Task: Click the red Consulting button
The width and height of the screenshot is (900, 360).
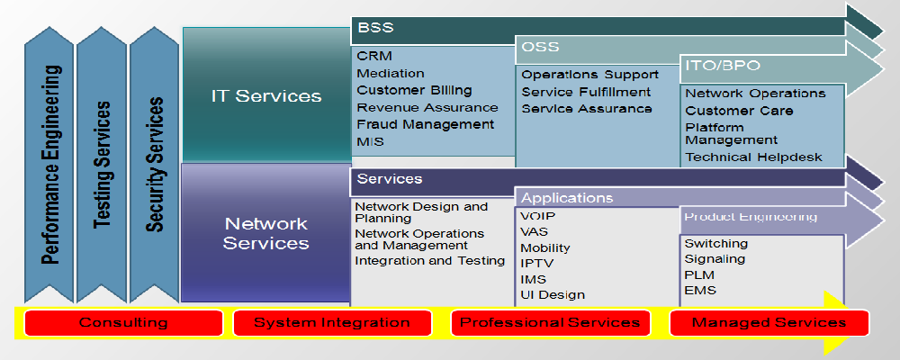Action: point(123,322)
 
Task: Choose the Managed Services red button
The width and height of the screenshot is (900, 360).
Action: point(769,322)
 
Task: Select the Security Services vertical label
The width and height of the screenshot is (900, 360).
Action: point(156,165)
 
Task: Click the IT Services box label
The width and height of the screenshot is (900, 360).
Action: point(265,95)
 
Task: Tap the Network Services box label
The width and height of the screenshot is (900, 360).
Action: point(265,233)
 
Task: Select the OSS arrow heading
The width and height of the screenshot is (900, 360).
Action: point(540,46)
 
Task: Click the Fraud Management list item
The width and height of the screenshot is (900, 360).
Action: point(425,124)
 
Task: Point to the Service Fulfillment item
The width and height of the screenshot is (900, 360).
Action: point(586,92)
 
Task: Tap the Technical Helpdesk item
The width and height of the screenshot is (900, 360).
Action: point(753,157)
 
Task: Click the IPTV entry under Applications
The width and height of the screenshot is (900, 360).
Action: point(537,263)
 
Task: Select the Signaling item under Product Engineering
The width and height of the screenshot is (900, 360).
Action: point(715,259)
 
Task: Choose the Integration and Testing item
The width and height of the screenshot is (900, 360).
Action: point(429,260)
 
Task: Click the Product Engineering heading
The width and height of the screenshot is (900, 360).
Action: point(750,217)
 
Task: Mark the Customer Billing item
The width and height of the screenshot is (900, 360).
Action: point(414,90)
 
